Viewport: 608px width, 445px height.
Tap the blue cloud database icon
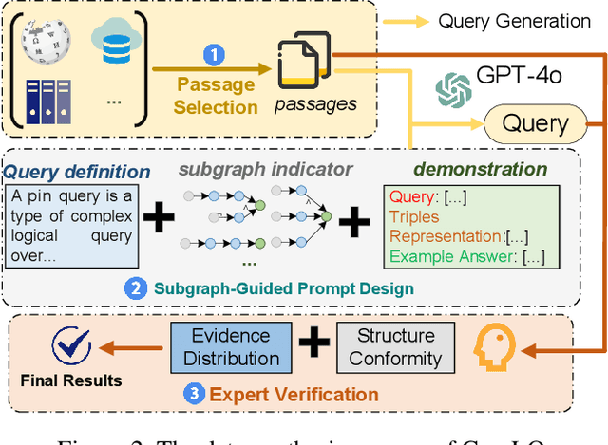coord(111,42)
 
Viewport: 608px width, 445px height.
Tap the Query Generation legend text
coord(514,21)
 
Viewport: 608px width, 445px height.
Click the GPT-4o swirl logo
coord(453,91)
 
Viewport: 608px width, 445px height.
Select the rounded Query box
coord(534,122)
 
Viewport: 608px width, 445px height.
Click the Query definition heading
coord(77,172)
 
